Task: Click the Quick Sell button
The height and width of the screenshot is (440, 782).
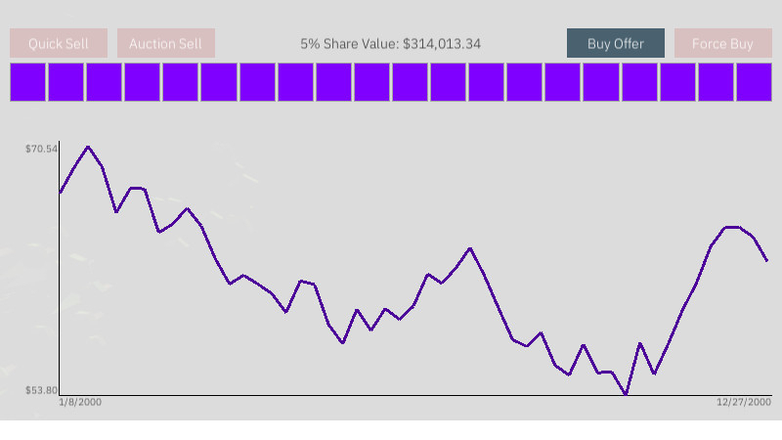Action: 59,44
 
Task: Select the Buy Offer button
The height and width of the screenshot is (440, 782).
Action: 616,44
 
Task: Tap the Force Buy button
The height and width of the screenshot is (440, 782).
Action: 722,44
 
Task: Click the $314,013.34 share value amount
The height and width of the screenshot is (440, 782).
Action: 442,44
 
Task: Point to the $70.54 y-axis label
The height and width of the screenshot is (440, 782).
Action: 42,149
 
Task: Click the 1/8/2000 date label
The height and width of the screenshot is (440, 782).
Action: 80,403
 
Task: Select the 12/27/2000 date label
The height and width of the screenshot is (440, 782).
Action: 744,403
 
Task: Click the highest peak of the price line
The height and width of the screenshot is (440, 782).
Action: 88,147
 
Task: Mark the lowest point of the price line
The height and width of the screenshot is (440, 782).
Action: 626,394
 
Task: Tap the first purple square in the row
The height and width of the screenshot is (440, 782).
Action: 28,82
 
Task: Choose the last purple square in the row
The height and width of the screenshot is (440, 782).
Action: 754,82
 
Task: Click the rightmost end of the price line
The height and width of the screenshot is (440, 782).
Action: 767,260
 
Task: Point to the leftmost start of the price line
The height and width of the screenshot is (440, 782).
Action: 60,193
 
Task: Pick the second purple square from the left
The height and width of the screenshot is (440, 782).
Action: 66,82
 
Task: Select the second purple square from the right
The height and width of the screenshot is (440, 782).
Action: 716,82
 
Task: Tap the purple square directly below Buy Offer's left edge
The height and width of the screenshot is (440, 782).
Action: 563,82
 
